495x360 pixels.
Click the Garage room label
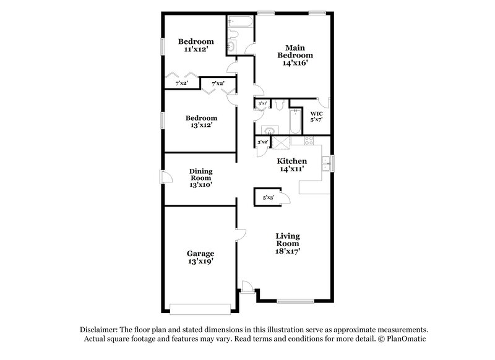(x=200, y=253)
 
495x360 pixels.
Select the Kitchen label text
(x=291, y=160)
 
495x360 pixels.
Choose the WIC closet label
(x=316, y=114)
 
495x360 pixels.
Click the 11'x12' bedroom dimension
(x=196, y=49)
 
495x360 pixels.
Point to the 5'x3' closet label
(x=268, y=197)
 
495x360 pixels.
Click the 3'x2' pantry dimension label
(x=262, y=142)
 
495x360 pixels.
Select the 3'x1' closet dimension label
(x=262, y=103)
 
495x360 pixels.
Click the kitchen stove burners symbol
(x=281, y=143)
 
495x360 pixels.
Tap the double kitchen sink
(x=325, y=163)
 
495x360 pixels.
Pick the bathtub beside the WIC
(x=295, y=122)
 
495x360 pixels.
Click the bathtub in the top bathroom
(x=240, y=24)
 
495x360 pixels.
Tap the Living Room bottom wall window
(x=294, y=301)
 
